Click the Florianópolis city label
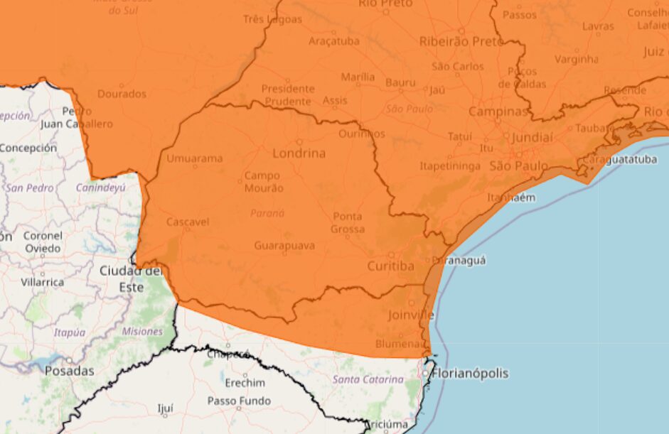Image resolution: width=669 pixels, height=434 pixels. (x=471, y=374)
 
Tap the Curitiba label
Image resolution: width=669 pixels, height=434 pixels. (x=390, y=266)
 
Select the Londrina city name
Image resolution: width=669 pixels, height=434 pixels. (x=299, y=153)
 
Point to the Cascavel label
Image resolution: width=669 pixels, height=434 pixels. (x=187, y=222)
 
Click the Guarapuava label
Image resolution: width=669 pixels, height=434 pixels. (x=285, y=246)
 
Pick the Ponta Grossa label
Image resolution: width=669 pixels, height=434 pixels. (x=348, y=223)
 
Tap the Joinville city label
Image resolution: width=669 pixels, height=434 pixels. (x=411, y=315)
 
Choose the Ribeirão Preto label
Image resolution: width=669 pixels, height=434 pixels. (x=461, y=41)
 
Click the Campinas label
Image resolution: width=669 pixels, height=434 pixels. (x=498, y=112)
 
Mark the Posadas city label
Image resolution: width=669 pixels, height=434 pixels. (x=70, y=371)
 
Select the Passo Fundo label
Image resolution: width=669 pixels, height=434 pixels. (x=239, y=401)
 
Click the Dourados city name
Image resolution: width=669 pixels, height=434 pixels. (x=122, y=94)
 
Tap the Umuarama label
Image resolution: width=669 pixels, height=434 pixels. (x=194, y=158)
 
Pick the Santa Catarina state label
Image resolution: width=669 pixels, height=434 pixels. (x=368, y=379)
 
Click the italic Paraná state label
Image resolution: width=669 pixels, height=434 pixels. (x=267, y=212)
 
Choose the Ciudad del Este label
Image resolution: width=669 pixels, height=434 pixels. (x=131, y=279)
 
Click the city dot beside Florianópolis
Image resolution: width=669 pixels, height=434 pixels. (x=426, y=373)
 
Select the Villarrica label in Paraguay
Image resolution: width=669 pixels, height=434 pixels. (x=42, y=282)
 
